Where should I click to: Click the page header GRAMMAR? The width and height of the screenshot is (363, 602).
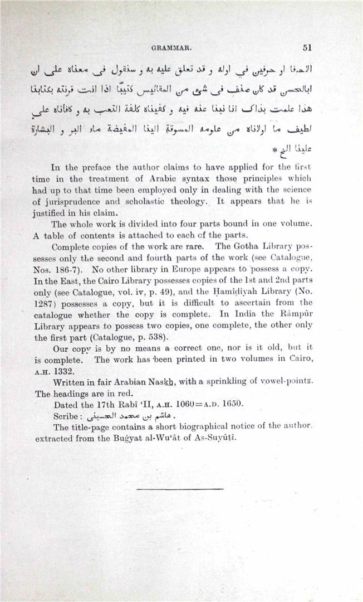[x=176, y=48]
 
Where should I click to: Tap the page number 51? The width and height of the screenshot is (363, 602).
[x=306, y=47]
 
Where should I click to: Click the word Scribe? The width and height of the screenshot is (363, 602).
[x=70, y=416]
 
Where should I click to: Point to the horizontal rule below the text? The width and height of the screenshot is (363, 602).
[x=179, y=489]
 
